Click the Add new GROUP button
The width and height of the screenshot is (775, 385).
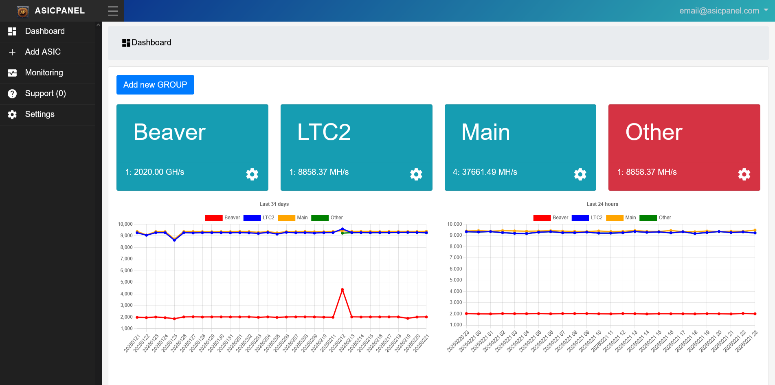[x=155, y=85]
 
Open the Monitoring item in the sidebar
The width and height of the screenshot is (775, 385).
[x=44, y=73]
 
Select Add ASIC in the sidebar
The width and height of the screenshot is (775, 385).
[x=43, y=52]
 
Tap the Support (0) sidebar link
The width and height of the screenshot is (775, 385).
[x=45, y=93]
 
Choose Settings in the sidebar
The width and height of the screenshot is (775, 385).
[x=40, y=114]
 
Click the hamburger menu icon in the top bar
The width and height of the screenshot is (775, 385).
[x=113, y=11]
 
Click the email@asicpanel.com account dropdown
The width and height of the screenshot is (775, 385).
[x=723, y=11]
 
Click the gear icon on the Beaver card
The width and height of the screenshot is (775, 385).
[x=252, y=174]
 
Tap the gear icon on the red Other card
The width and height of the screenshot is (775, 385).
[x=744, y=174]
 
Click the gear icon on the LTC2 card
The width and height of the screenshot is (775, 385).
[x=416, y=174]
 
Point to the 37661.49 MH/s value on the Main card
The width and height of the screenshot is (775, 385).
[x=489, y=172]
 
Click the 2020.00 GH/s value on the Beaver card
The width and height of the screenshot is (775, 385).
[x=159, y=172]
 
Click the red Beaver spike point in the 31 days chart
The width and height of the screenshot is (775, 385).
[x=342, y=290]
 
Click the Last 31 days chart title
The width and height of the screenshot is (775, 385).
[x=274, y=204]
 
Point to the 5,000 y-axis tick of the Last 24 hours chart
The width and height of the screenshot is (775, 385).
[x=455, y=280]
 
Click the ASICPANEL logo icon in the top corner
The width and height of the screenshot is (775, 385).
[x=23, y=11]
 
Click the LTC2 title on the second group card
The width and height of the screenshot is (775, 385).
[x=324, y=132]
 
